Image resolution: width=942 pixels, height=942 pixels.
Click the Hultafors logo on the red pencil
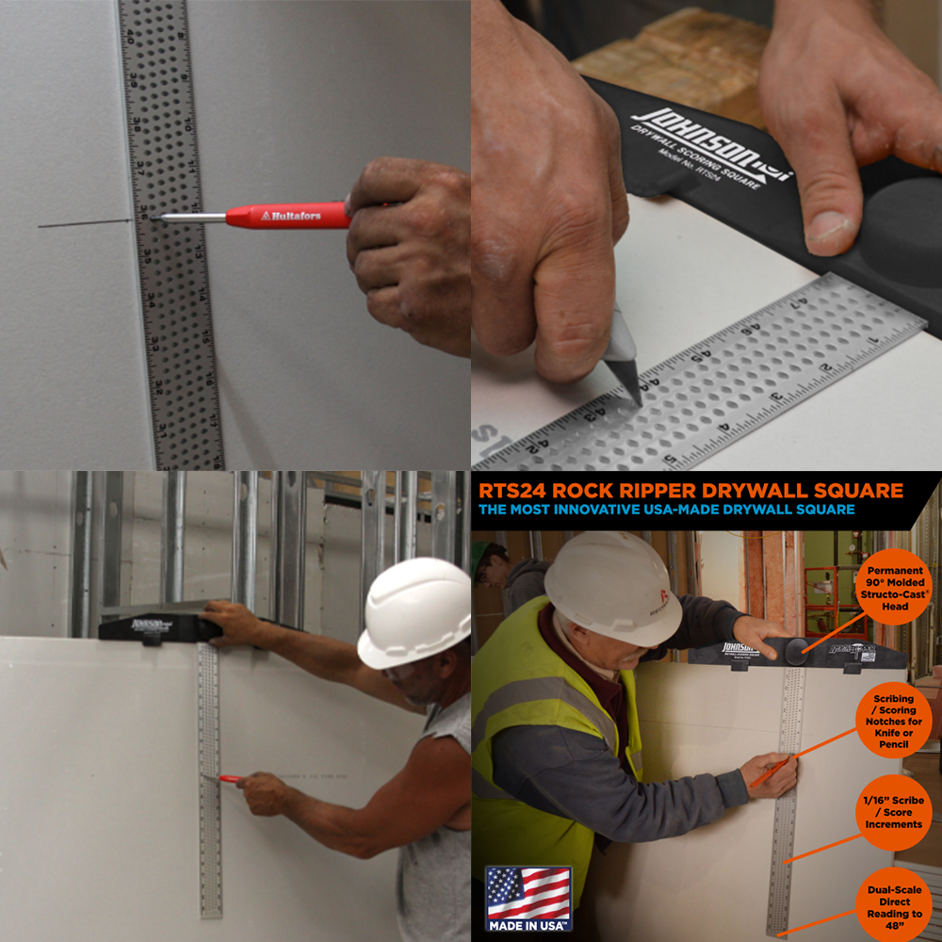(x=291, y=216)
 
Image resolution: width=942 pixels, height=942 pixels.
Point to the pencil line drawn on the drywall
(x=85, y=223)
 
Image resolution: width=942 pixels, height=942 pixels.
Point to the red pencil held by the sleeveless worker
(x=230, y=778)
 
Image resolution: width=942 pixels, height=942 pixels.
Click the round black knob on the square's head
(x=797, y=651)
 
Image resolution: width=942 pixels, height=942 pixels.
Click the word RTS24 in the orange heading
(x=514, y=490)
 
